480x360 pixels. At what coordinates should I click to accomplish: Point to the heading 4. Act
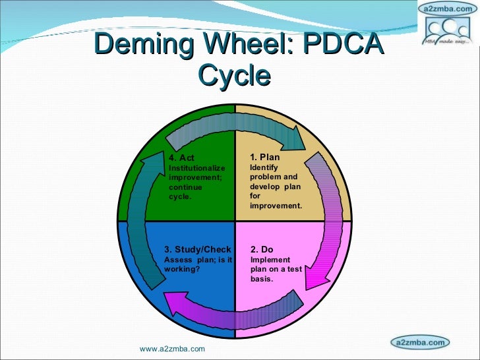click(181, 158)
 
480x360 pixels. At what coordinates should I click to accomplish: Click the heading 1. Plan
click(265, 157)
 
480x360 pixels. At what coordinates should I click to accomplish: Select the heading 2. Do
click(262, 249)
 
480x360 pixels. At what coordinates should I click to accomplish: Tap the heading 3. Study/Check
click(198, 249)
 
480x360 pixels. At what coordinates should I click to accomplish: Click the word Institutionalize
click(197, 168)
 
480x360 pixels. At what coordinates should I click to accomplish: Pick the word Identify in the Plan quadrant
click(264, 167)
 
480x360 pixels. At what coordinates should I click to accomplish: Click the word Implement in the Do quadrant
click(268, 259)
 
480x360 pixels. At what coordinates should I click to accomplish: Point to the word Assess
click(176, 259)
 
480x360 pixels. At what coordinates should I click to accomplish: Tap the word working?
click(181, 269)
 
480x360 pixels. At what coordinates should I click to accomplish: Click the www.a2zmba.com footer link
click(172, 349)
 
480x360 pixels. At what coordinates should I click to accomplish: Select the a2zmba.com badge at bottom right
click(420, 342)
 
